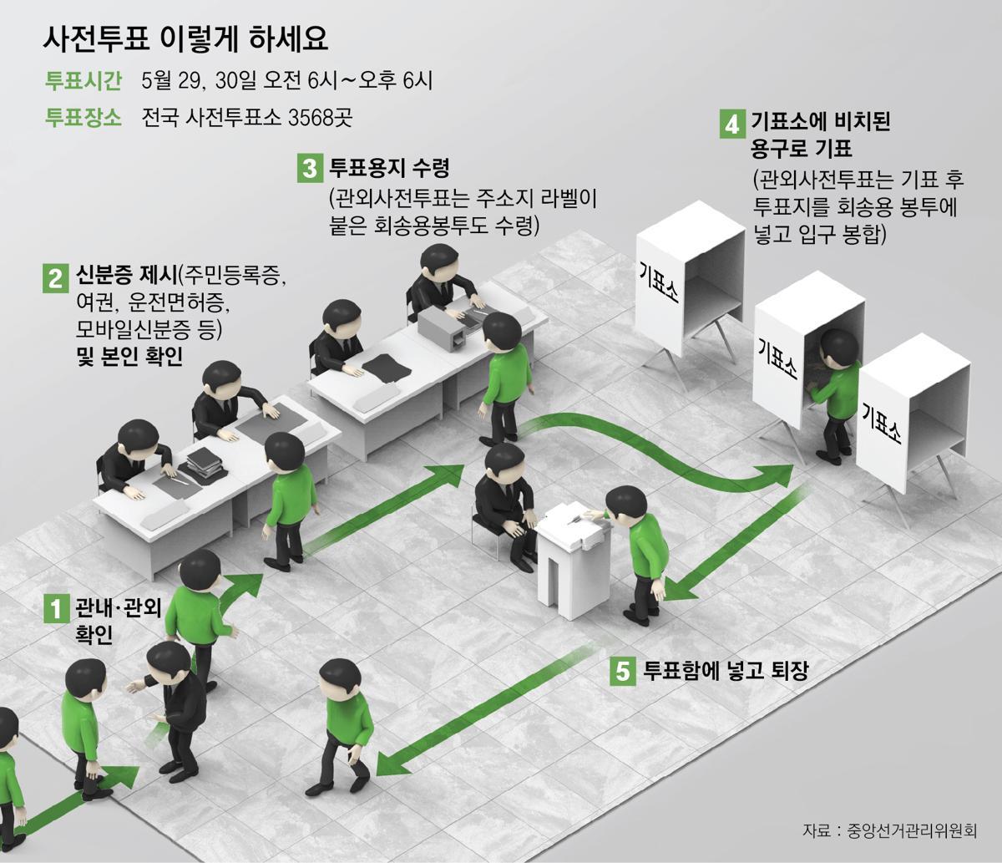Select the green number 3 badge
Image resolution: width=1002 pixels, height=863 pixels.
(x=309, y=169)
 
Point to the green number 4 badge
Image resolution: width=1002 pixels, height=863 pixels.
(x=731, y=124)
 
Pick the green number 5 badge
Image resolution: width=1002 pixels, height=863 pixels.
(x=622, y=671)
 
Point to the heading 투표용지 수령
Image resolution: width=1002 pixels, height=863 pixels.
(x=389, y=169)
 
